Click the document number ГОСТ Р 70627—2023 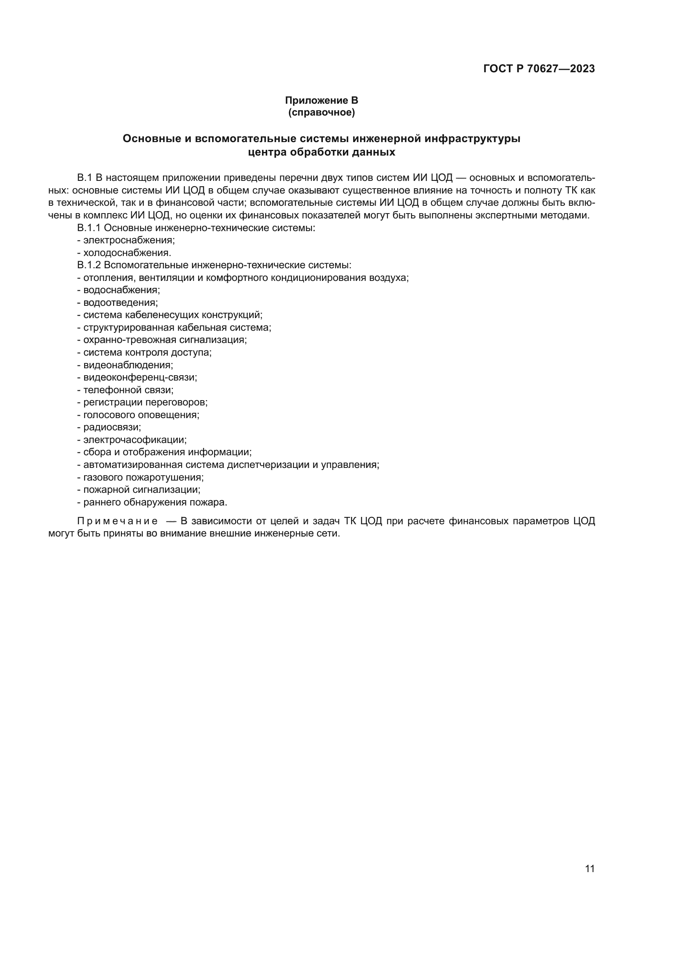click(x=539, y=69)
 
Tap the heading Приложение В click(x=321, y=100)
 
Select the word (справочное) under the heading click(x=321, y=112)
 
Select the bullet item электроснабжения click(x=129, y=240)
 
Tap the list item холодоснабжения click(x=127, y=252)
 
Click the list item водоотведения click(x=120, y=303)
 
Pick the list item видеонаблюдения click(x=128, y=365)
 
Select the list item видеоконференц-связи click(x=140, y=377)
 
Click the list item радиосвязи click(x=112, y=427)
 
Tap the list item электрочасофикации click(x=134, y=440)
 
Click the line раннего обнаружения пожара click(x=155, y=502)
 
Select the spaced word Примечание click(x=117, y=521)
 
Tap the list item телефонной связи click(x=128, y=390)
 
